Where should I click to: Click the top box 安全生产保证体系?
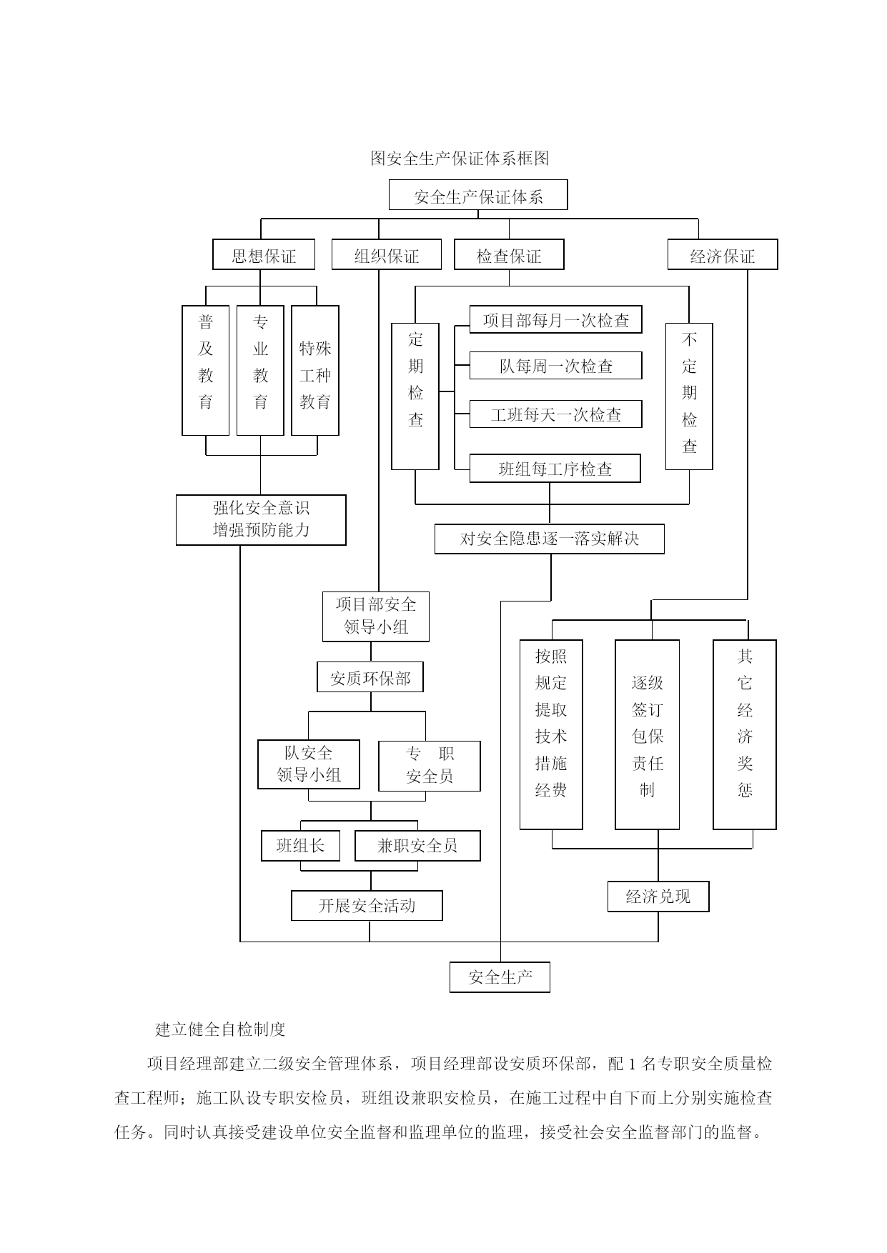(x=478, y=195)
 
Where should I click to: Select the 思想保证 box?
(x=264, y=254)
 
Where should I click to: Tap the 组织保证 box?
(x=387, y=254)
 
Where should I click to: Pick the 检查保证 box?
(x=509, y=254)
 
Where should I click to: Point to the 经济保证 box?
(x=723, y=254)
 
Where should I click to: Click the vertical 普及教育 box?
(x=206, y=371)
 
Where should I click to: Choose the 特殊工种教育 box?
(x=315, y=371)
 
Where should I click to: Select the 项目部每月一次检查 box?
(x=555, y=320)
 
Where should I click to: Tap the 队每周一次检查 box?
(x=555, y=366)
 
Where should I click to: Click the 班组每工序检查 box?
(x=555, y=469)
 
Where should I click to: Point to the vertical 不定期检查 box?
(x=689, y=396)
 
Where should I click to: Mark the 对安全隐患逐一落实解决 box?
(x=550, y=539)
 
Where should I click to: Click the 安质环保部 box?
(x=370, y=677)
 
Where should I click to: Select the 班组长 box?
(x=300, y=846)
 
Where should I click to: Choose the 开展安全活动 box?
(x=367, y=906)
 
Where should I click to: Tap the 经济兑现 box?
(x=658, y=897)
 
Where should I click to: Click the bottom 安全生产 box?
(x=500, y=977)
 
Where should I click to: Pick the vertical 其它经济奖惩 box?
(x=745, y=734)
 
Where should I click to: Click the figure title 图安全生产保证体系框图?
(x=460, y=158)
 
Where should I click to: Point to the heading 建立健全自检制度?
(x=221, y=1029)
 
